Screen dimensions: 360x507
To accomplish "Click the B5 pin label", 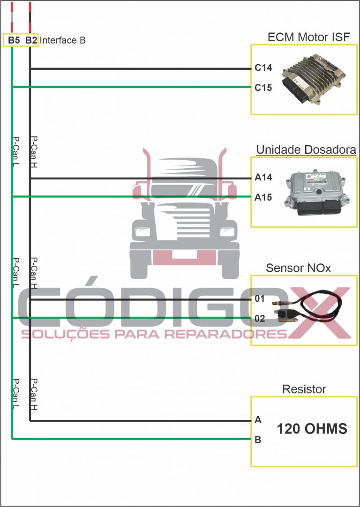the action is click(x=14, y=40).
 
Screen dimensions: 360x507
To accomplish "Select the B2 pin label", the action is click(x=31, y=40).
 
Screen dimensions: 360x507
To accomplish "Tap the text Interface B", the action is click(x=62, y=40).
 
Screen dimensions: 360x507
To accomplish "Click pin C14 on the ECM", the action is click(x=263, y=68).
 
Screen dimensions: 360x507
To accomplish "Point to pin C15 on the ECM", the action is click(x=263, y=88).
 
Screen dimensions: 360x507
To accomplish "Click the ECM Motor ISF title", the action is click(x=308, y=37).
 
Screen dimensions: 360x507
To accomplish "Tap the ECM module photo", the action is click(x=313, y=79).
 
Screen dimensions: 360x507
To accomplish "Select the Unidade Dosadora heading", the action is click(x=306, y=150).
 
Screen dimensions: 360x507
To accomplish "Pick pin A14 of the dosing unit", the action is click(x=263, y=178).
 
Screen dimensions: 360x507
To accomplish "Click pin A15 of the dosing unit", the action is click(x=263, y=197).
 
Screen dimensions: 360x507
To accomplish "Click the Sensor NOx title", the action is click(x=298, y=268).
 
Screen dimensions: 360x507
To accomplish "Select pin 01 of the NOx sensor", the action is click(x=260, y=299).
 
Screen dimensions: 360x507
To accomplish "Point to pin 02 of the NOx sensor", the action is click(x=260, y=319).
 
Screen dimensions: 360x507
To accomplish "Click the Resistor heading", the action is click(x=304, y=389).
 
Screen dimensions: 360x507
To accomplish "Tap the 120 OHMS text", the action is click(x=312, y=429).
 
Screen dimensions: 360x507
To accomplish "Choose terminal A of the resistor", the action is click(x=258, y=420).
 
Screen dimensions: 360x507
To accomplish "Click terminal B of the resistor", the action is click(x=258, y=440).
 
